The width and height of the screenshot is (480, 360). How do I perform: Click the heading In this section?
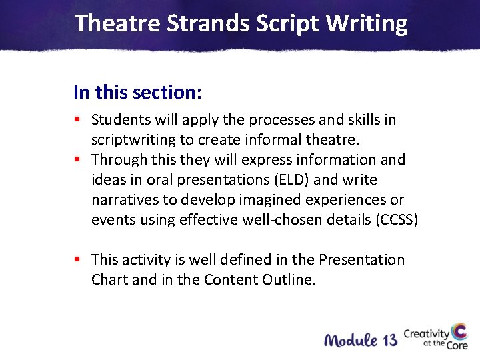point(137,92)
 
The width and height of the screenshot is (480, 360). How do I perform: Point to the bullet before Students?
point(77,120)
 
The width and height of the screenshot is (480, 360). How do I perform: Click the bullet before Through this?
point(77,160)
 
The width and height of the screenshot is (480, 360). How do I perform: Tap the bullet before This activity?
point(77,259)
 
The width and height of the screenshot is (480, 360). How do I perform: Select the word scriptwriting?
point(131,140)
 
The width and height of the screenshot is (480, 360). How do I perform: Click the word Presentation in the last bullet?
point(361,259)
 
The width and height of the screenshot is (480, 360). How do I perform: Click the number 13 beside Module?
point(390,340)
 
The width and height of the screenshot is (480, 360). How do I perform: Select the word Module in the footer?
point(351,340)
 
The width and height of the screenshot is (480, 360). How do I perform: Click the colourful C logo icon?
point(459,333)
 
